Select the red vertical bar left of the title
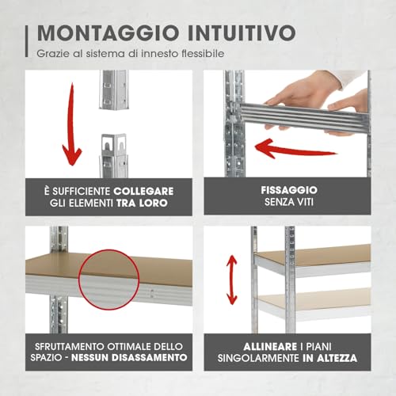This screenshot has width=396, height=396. [26, 40]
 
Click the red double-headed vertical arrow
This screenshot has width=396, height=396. [232, 278]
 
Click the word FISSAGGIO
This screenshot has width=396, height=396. [289, 191]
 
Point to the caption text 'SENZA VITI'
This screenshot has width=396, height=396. [289, 204]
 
